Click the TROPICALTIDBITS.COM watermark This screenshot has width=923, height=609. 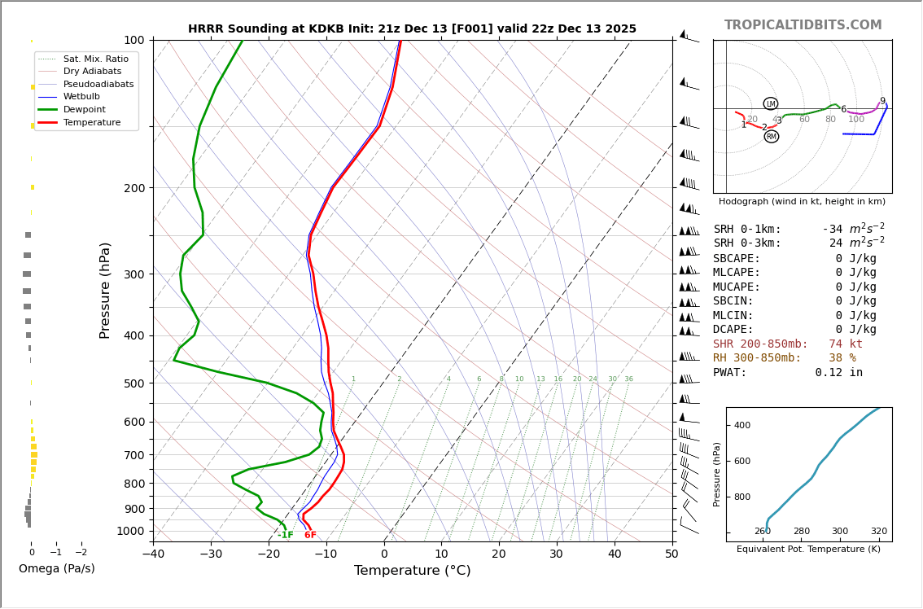click(x=803, y=25)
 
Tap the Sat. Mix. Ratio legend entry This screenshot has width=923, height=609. click(x=95, y=59)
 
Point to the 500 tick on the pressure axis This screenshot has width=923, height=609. click(x=134, y=383)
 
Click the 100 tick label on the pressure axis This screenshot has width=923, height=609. click(x=134, y=41)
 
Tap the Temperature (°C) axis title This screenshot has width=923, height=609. click(x=412, y=572)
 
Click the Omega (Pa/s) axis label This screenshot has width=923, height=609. click(x=57, y=569)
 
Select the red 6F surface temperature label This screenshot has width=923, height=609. click(x=310, y=536)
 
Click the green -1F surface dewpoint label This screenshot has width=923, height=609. click(x=285, y=536)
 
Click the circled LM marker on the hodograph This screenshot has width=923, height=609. click(x=771, y=104)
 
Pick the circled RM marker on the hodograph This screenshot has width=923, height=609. click(x=772, y=137)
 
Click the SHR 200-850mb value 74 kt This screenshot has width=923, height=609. click(x=846, y=344)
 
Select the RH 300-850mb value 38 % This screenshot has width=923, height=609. click(x=842, y=358)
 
